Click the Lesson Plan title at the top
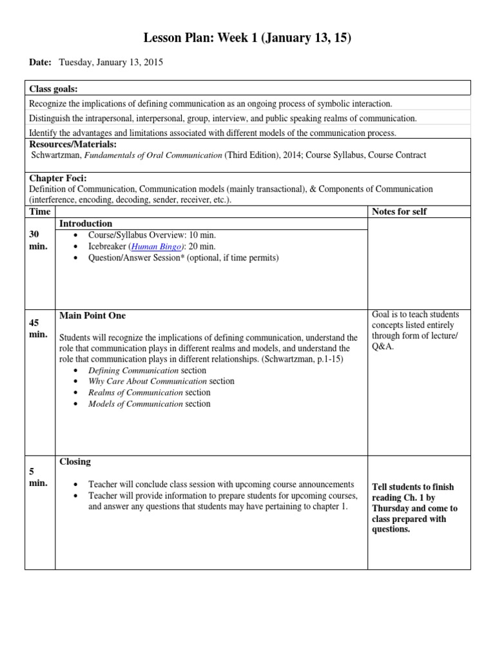[x=247, y=39]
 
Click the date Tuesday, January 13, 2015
[x=110, y=63]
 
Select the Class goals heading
[x=58, y=88]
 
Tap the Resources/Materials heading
[x=73, y=144]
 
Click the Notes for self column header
[x=400, y=211]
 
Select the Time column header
[x=39, y=211]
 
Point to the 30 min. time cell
[x=39, y=240]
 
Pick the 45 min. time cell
[x=39, y=328]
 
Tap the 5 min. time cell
[x=39, y=478]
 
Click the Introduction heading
[x=86, y=224]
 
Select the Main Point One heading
[x=92, y=316]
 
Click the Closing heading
[x=75, y=461]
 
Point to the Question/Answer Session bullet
[x=183, y=258]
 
